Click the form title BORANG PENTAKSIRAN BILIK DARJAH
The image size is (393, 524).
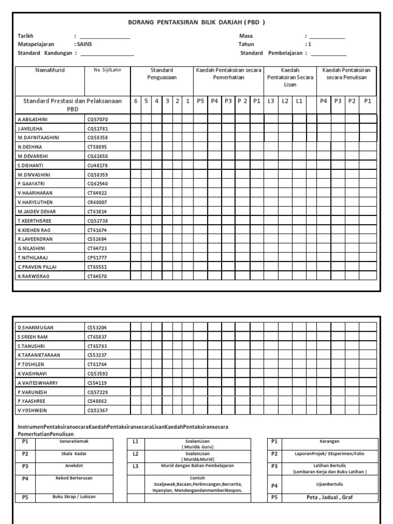tap(196, 22)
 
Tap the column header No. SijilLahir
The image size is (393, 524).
tap(107, 70)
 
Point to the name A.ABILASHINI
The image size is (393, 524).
tap(35, 119)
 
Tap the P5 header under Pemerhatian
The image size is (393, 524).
tap(201, 101)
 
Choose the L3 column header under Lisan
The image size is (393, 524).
tap(271, 101)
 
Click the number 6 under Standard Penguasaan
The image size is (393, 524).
tap(136, 101)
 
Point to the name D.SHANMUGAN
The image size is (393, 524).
tap(36, 327)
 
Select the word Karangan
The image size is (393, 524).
tap(329, 441)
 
